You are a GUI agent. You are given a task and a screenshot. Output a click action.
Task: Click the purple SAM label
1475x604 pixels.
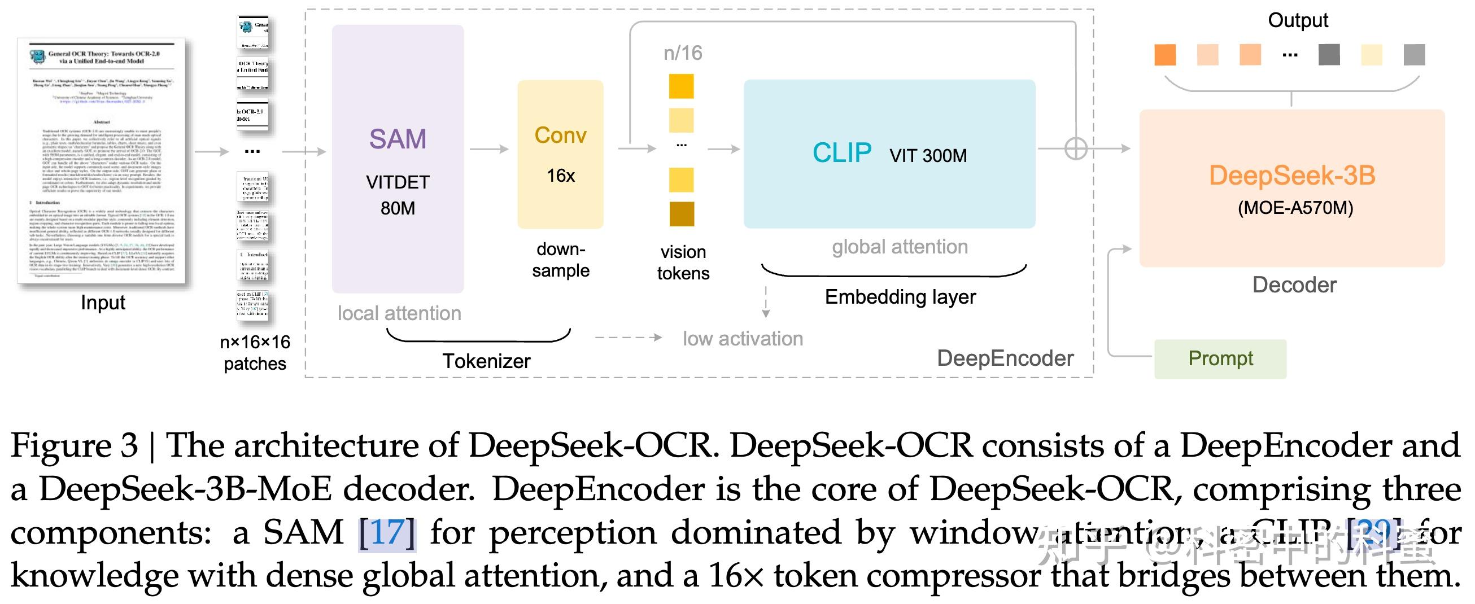click(x=398, y=139)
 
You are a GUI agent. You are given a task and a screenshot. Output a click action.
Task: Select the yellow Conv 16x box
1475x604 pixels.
click(x=560, y=155)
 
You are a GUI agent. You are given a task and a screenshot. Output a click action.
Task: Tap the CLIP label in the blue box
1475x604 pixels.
click(x=842, y=153)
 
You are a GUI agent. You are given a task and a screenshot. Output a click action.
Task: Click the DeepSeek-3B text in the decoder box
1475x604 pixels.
click(x=1292, y=175)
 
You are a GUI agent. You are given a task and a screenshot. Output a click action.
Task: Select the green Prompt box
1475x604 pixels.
click(x=1220, y=359)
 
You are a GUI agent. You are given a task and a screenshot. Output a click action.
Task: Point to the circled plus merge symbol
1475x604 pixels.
click(x=1075, y=149)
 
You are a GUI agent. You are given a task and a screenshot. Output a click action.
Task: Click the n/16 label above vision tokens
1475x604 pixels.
click(x=683, y=53)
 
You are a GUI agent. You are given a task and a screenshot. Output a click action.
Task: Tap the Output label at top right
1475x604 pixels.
click(x=1298, y=21)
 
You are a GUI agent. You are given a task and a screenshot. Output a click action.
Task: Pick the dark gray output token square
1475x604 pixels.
click(x=1328, y=55)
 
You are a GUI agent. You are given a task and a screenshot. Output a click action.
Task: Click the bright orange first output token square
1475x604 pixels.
click(x=1164, y=55)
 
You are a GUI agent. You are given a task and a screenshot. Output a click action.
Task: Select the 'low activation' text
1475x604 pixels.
click(x=743, y=339)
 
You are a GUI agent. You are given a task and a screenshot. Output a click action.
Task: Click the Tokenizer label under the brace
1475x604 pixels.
click(x=486, y=361)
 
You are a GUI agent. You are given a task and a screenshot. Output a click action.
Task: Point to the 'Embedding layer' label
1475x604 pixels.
click(x=900, y=297)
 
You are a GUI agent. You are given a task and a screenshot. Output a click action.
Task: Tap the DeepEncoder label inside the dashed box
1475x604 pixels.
click(x=1005, y=358)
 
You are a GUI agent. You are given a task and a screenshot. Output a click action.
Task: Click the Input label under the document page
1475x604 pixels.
click(x=103, y=303)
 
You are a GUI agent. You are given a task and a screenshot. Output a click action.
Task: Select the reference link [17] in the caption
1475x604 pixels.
click(x=387, y=532)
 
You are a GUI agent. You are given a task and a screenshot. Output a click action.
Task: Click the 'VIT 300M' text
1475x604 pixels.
click(x=928, y=156)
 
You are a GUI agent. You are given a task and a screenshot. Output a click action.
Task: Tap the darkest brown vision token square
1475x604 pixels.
click(x=682, y=214)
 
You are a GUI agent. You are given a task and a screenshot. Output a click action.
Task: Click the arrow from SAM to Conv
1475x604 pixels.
click(x=489, y=150)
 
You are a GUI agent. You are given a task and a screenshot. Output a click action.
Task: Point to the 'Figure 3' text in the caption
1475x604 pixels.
click(x=75, y=446)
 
